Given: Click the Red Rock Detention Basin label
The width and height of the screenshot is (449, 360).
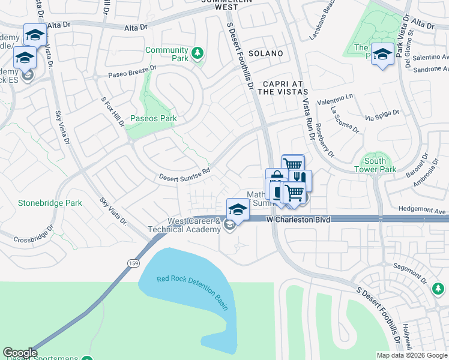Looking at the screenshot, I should coord(193,292).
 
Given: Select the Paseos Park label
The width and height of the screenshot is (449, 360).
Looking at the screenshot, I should coord(154,118).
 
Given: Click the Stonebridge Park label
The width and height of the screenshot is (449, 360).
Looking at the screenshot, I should coord(50,203).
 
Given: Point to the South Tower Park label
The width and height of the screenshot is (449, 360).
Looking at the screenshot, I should coord(375,165).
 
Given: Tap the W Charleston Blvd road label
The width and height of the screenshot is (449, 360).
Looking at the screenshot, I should coord(298,220).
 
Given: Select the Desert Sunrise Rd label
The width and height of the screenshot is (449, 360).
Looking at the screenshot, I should coord(184,174).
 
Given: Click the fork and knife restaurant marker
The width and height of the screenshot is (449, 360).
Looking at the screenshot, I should coord(300,178).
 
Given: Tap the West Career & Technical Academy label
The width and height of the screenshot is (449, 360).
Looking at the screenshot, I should coord(184,226).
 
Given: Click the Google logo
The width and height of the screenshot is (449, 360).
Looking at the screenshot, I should coord(20,353).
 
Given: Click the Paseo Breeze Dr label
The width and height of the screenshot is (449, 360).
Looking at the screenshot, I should coord(132,71).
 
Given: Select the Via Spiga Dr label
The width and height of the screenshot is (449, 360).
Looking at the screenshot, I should coord(382,115).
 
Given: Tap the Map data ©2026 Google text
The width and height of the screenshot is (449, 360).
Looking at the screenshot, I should coord(411,355).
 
